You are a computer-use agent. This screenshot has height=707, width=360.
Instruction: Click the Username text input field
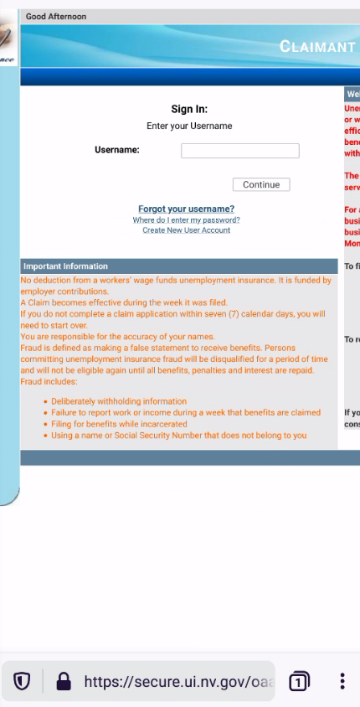click(239, 151)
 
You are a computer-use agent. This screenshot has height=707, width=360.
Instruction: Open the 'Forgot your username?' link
click(186, 209)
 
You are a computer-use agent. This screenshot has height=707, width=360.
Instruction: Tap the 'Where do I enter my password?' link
click(186, 219)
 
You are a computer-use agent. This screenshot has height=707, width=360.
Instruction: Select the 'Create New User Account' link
click(186, 230)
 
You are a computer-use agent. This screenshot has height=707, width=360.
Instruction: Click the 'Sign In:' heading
click(189, 109)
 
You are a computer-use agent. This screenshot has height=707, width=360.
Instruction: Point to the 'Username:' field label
click(117, 150)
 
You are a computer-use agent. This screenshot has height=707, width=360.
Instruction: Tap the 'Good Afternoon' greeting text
click(56, 17)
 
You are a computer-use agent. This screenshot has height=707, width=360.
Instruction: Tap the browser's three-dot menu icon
click(342, 681)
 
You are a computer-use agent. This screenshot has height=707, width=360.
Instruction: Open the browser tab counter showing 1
click(298, 682)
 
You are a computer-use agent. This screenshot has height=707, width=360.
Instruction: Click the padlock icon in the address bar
click(63, 682)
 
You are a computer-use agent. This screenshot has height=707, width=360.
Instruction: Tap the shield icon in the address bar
click(22, 682)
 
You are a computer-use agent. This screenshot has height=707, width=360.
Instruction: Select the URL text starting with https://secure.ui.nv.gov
click(178, 682)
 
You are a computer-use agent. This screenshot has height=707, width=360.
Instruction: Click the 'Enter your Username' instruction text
click(189, 126)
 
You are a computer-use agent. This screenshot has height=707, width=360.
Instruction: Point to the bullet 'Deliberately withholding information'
click(119, 401)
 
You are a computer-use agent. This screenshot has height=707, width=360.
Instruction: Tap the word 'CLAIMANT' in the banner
click(318, 46)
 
